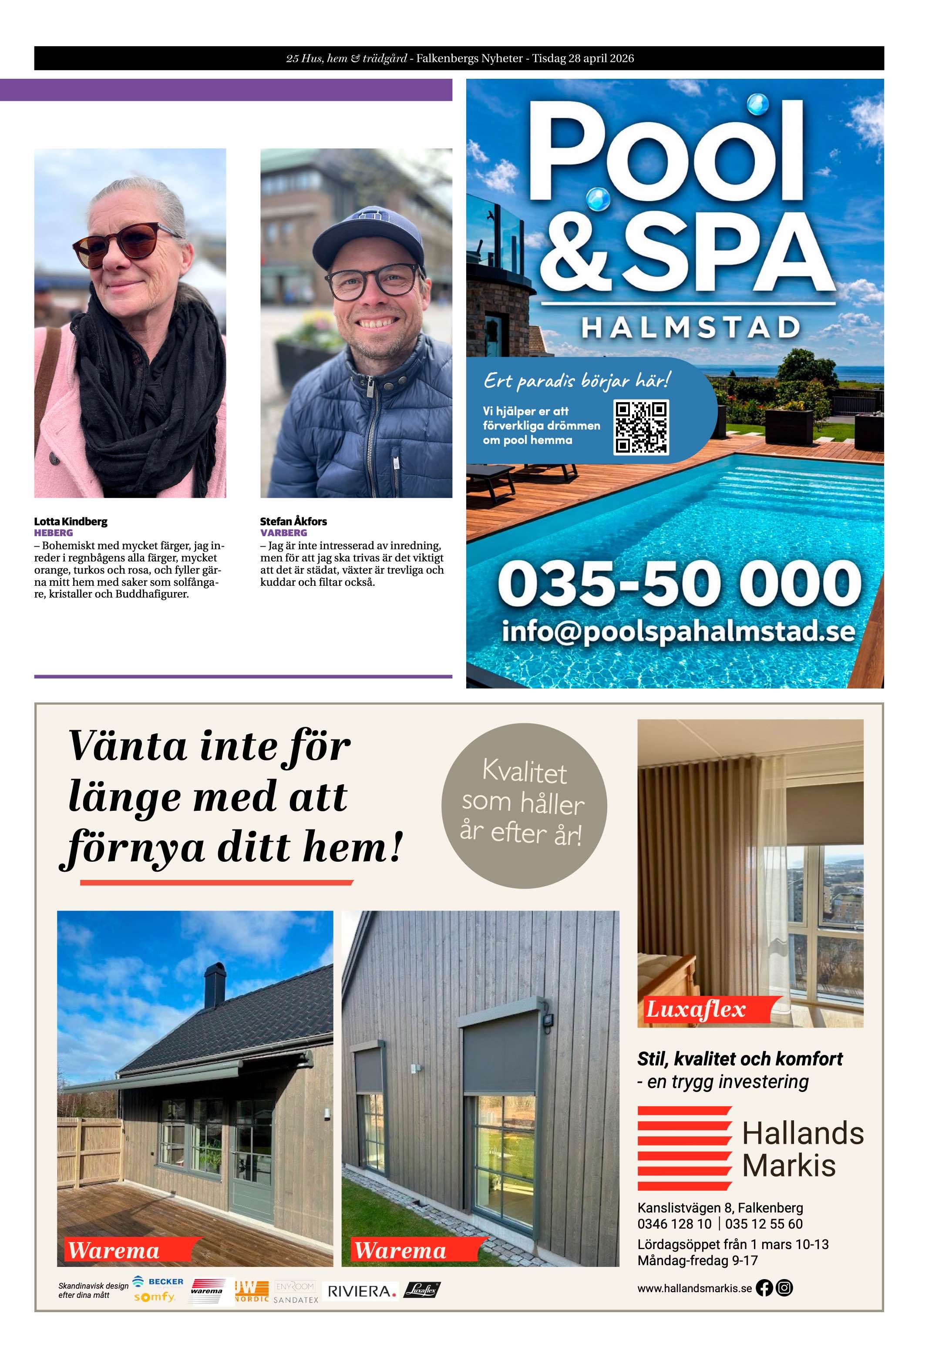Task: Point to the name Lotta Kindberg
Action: point(71,521)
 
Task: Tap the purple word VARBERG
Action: point(283,533)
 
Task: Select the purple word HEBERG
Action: point(54,533)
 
